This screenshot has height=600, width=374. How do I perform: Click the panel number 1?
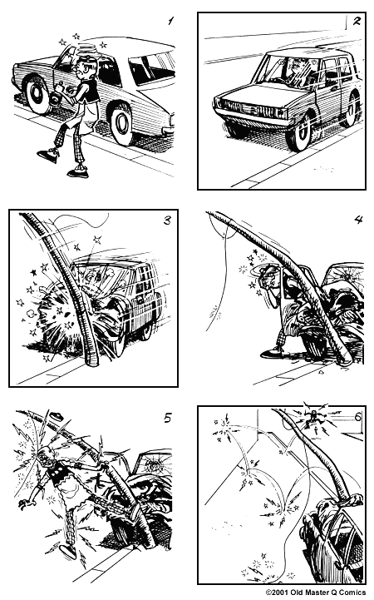coord(170,21)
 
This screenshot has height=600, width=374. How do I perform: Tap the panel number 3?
coord(167,221)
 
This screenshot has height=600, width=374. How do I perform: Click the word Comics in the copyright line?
coord(349,593)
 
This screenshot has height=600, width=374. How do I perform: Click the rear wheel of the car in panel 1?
coord(122,123)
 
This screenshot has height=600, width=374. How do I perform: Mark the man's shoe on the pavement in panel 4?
coord(272,354)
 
